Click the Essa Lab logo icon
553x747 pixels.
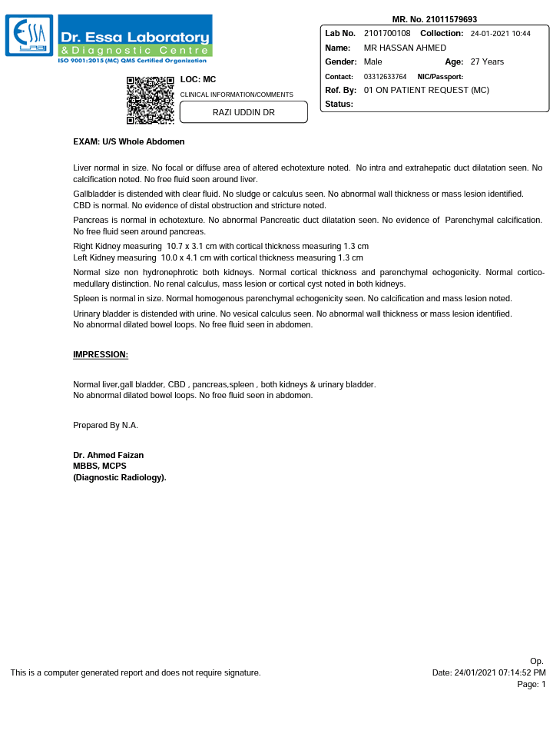[29, 35]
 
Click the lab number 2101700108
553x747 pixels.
[387, 34]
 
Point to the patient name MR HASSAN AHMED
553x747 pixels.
[405, 48]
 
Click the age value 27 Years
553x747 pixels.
[487, 61]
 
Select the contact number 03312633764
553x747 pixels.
[385, 77]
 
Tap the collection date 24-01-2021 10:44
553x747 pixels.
[500, 34]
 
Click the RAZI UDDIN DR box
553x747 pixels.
[243, 112]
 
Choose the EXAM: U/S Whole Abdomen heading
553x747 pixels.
[128, 141]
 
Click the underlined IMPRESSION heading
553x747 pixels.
[101, 354]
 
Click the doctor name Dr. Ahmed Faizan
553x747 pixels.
[108, 455]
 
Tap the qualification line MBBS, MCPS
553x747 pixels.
[100, 466]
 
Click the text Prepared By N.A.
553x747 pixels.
[105, 425]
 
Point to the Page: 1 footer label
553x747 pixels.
[531, 684]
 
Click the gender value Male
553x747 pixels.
[373, 61]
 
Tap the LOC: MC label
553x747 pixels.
[197, 79]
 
